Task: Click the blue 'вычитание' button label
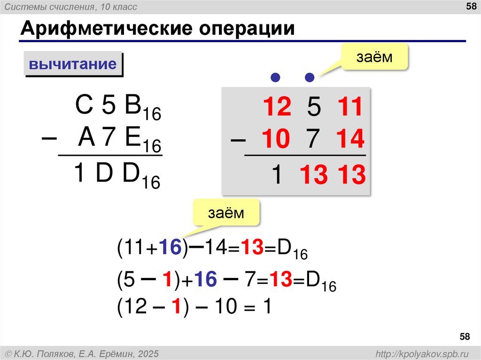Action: (73, 64)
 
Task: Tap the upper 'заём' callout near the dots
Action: (373, 57)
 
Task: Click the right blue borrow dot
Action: (309, 77)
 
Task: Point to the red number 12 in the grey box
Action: (277, 107)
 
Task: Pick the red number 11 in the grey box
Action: (349, 107)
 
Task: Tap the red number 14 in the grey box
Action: (349, 140)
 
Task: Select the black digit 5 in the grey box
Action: (314, 108)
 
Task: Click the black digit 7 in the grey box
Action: (314, 140)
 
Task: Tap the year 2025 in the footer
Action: (149, 352)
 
